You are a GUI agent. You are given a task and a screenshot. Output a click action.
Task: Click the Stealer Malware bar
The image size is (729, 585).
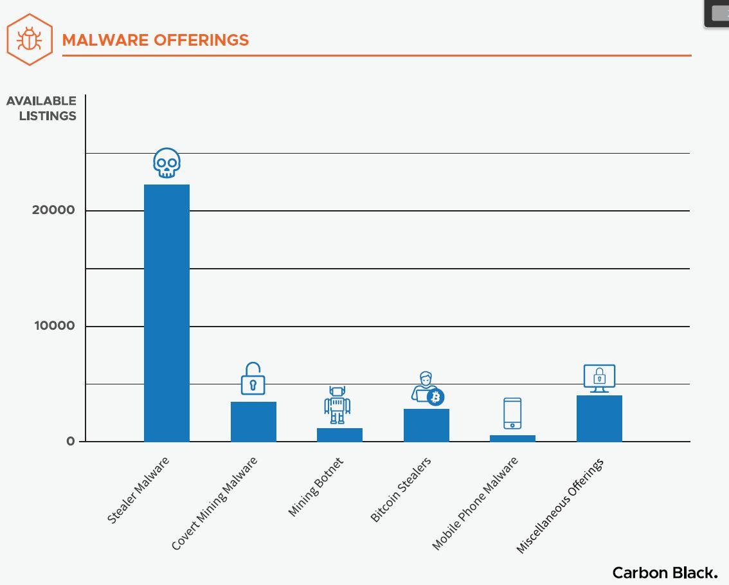[166, 312]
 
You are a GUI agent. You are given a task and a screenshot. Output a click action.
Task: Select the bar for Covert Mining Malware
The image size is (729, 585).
[253, 421]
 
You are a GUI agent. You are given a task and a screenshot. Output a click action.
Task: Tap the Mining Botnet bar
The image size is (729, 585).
[339, 435]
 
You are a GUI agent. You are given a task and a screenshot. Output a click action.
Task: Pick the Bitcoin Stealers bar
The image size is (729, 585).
[426, 425]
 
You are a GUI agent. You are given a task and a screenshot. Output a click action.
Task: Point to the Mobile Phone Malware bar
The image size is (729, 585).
[512, 438]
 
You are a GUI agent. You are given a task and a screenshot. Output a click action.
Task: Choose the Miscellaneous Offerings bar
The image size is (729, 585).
[599, 419]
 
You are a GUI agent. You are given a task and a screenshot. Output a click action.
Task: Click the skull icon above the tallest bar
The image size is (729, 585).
[166, 163]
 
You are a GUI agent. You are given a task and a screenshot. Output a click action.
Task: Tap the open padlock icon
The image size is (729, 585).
[253, 379]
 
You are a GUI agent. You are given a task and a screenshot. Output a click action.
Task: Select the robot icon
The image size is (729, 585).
[337, 405]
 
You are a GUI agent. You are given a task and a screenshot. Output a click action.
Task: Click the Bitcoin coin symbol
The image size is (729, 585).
[436, 397]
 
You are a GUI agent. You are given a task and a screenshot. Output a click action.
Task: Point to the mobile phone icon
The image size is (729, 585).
[512, 413]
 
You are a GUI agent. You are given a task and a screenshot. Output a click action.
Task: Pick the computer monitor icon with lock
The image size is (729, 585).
[599, 378]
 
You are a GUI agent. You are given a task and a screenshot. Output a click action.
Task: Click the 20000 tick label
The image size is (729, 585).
[53, 210]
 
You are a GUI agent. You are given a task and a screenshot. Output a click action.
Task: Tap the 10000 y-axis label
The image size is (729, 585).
[55, 326]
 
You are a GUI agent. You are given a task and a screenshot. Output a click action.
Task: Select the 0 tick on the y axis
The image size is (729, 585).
[71, 442]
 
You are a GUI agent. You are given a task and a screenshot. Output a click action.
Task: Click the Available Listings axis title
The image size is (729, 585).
[42, 109]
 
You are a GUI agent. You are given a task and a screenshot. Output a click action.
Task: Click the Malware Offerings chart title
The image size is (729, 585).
[156, 40]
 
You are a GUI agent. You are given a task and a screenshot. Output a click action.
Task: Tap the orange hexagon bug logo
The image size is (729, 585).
[30, 39]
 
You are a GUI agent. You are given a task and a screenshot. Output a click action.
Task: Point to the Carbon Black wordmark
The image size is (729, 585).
[665, 573]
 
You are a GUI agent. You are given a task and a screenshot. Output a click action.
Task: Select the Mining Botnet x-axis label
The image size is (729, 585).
[316, 487]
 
